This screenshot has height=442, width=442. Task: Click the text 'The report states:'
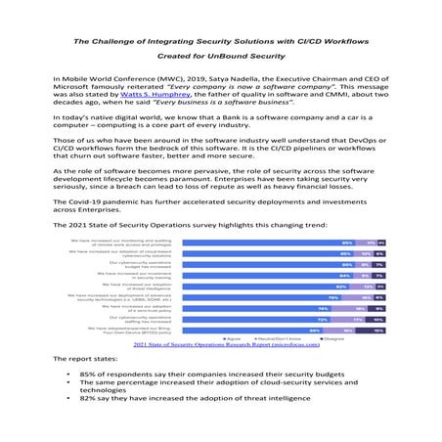[85, 361]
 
